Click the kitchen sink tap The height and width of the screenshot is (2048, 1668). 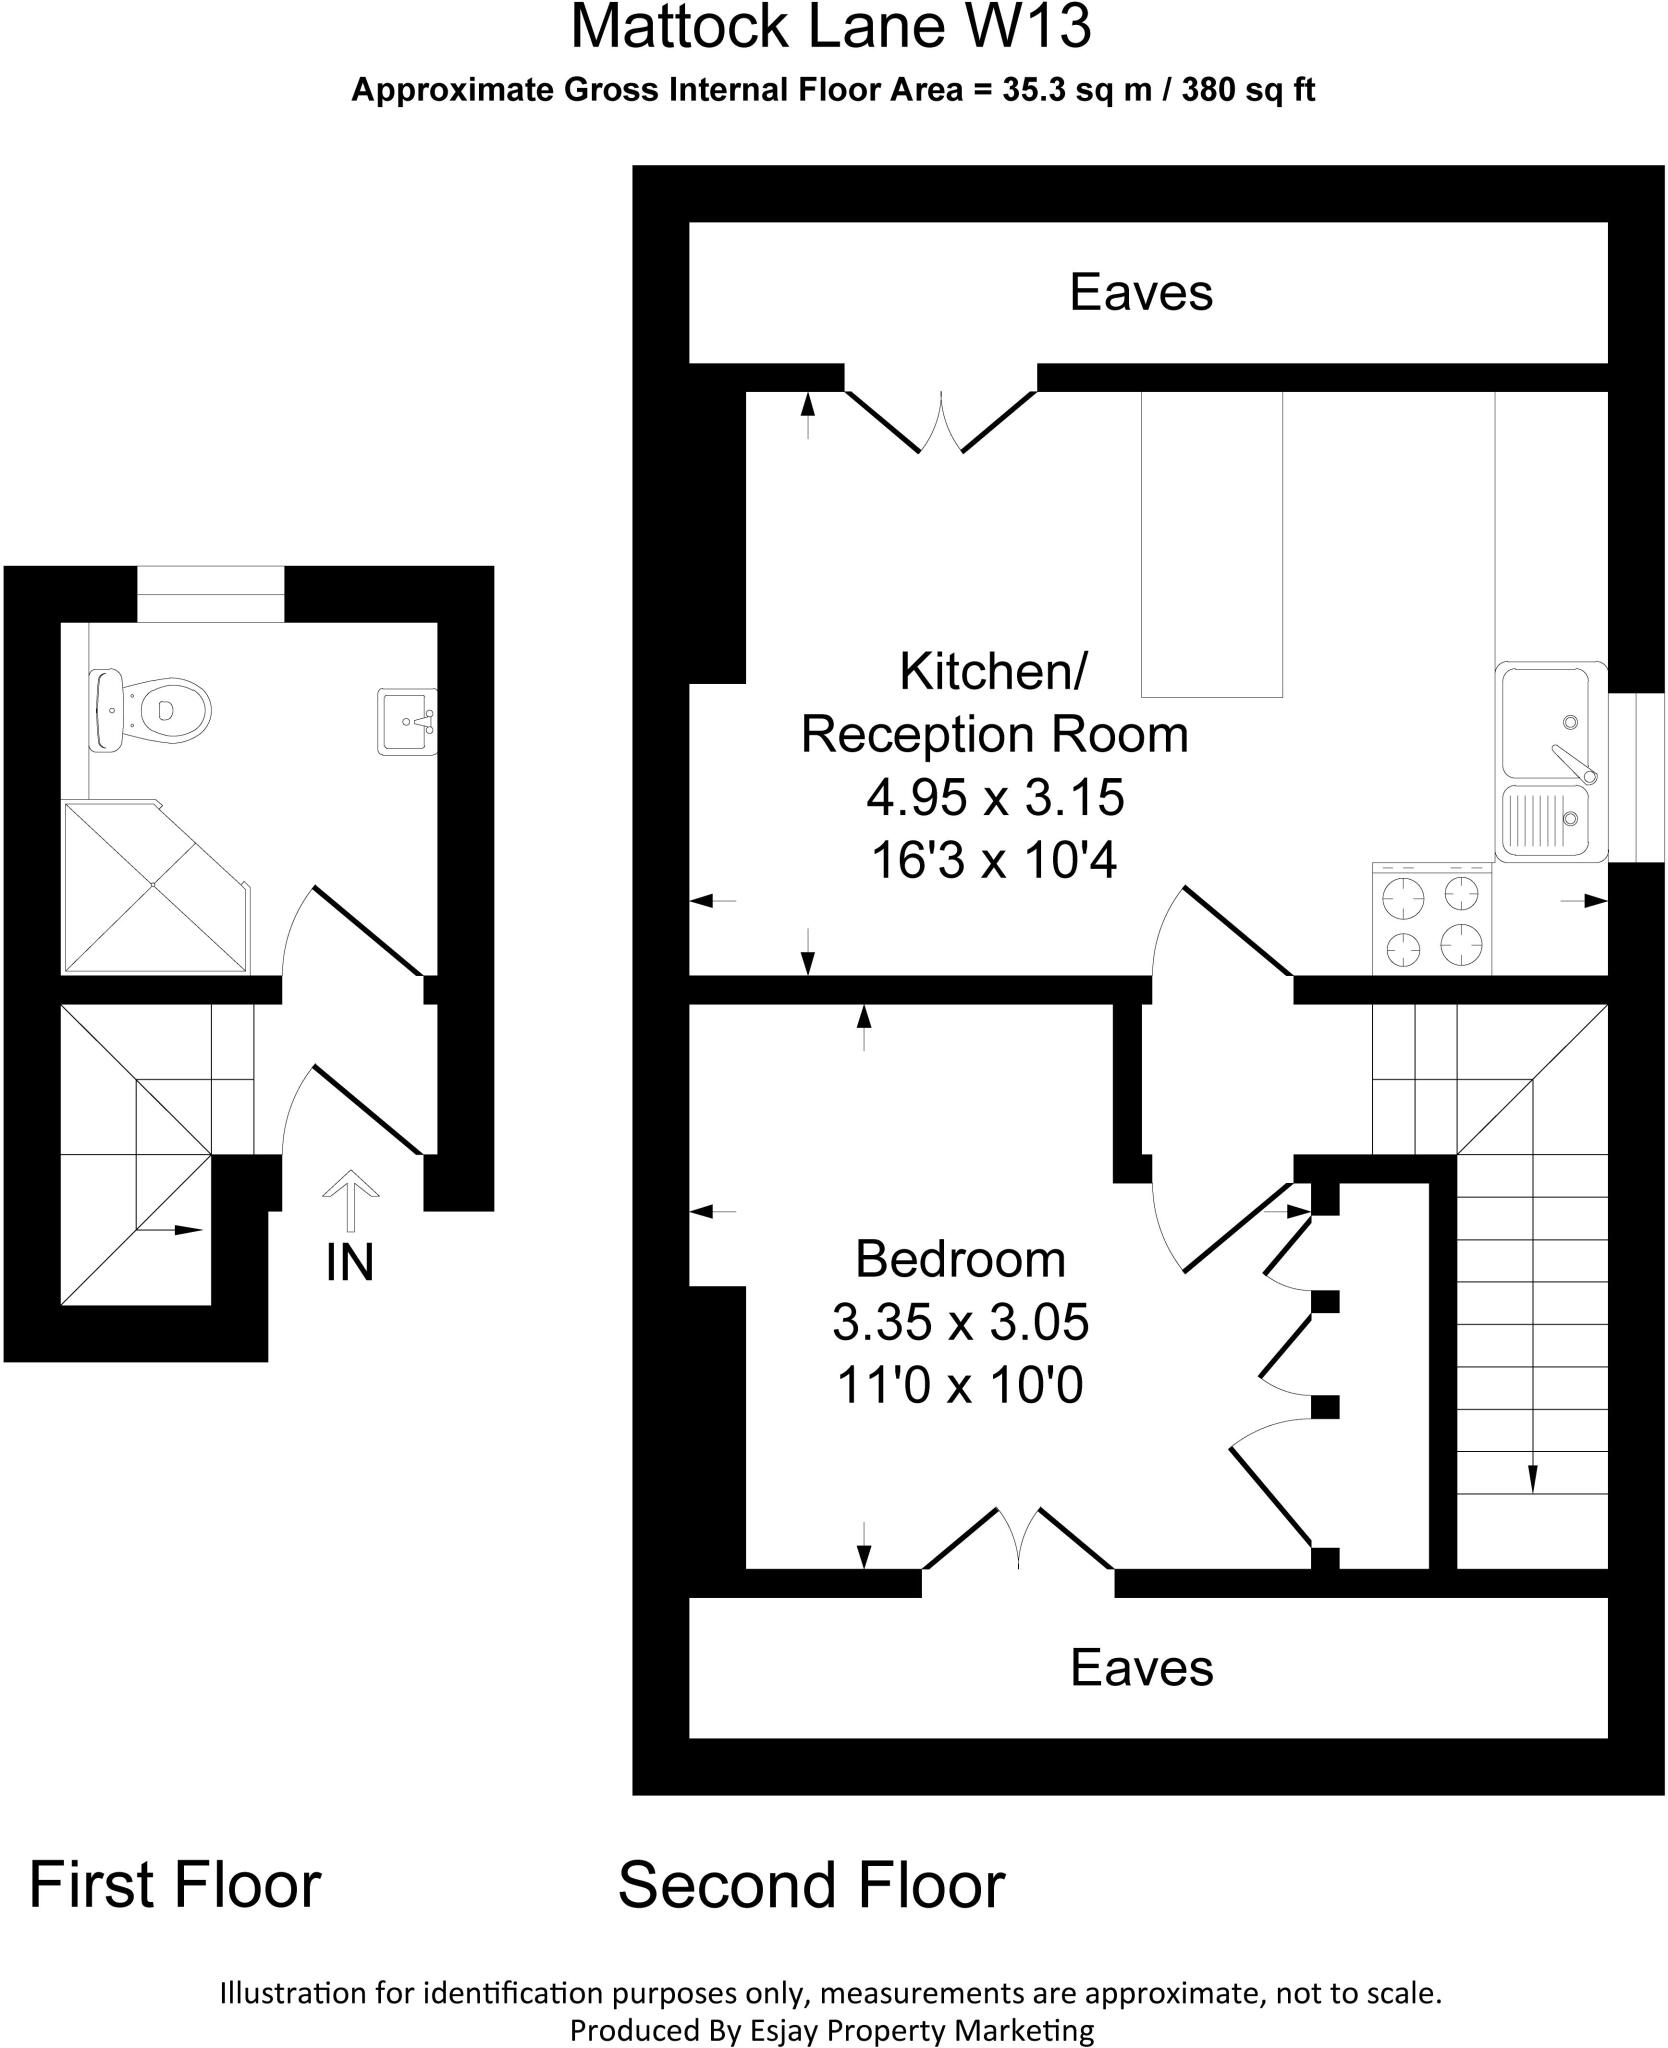(x=1575, y=763)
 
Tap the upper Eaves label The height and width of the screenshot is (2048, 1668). (x=1141, y=293)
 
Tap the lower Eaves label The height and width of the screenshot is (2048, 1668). (x=1141, y=1668)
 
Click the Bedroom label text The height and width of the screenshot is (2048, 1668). (x=960, y=1259)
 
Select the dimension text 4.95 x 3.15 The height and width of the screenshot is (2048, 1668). (x=995, y=798)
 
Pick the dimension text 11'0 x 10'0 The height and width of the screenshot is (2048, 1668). (x=960, y=1387)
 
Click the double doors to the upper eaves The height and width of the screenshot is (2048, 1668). (x=941, y=421)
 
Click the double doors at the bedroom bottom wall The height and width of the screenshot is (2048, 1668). (x=1018, y=1539)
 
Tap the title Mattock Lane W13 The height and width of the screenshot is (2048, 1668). (x=830, y=28)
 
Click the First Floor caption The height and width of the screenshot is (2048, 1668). (x=175, y=1886)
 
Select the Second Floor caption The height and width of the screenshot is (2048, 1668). (x=811, y=1886)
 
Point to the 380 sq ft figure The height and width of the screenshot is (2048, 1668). (x=1248, y=91)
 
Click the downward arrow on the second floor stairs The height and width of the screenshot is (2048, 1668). (x=1532, y=1478)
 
